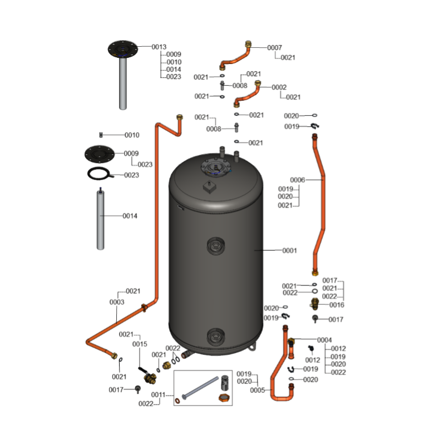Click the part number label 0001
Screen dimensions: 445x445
[x=289, y=251]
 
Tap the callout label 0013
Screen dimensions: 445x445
[x=159, y=47]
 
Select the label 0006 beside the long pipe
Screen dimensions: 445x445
[x=298, y=180]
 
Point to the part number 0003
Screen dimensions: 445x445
[x=117, y=302]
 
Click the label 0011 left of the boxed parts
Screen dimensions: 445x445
[x=159, y=395]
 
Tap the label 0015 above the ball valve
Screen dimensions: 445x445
[x=140, y=344]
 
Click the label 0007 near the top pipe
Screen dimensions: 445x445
[x=274, y=48]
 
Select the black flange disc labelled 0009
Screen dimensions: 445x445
[x=100, y=154]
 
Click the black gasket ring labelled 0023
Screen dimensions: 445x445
[x=100, y=174]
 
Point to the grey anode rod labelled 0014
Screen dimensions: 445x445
[x=101, y=219]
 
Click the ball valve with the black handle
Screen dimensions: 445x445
[x=147, y=376]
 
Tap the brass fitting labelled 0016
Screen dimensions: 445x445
[x=314, y=304]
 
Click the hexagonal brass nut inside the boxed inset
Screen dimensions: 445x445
[x=224, y=398]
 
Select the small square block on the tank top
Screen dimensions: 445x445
[x=210, y=187]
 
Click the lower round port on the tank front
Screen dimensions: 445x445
[x=216, y=337]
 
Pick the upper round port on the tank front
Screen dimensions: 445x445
[x=216, y=246]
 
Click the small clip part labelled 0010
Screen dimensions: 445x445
[x=101, y=135]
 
